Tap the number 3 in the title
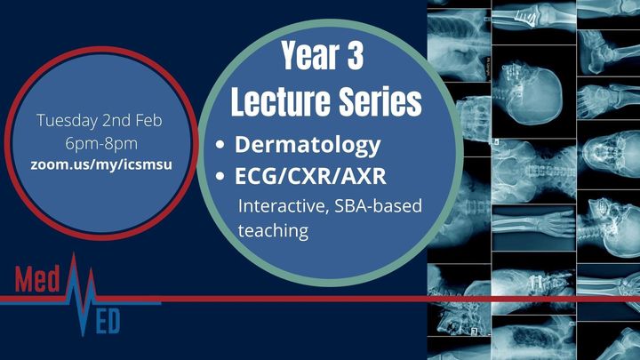tap(355, 55)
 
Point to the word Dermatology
tap(308, 145)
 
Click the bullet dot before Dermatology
tap(220, 145)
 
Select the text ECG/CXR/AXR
tap(310, 176)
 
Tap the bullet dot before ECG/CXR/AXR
tap(220, 176)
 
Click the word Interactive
tap(284, 205)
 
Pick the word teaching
tap(273, 231)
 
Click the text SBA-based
tap(378, 205)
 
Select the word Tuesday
tap(68, 121)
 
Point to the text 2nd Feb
tap(132, 120)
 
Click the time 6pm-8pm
tap(101, 144)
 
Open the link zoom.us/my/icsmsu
tap(101, 165)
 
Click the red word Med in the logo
tap(37, 279)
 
